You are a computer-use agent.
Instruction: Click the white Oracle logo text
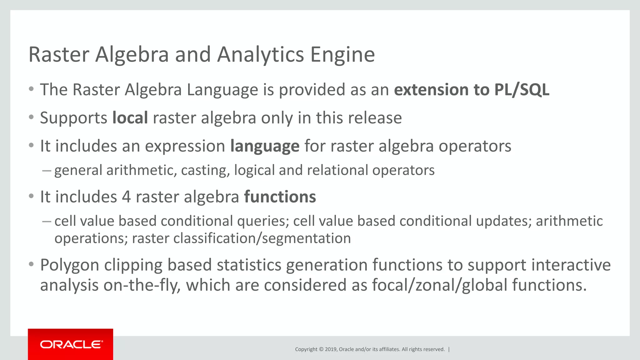71,344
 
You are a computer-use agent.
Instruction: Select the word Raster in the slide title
59,55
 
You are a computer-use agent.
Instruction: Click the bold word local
130,118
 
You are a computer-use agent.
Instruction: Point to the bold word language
265,146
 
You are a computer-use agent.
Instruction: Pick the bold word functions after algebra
280,197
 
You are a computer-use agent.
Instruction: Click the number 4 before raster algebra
126,197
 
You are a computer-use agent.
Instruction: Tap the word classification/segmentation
262,238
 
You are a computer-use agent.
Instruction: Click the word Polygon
70,265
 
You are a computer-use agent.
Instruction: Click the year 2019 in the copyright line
331,349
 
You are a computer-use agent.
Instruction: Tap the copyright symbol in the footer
321,349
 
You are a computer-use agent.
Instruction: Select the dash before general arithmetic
46,171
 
